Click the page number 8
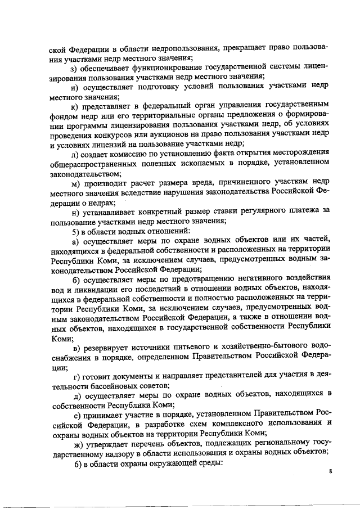click(x=331, y=479)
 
